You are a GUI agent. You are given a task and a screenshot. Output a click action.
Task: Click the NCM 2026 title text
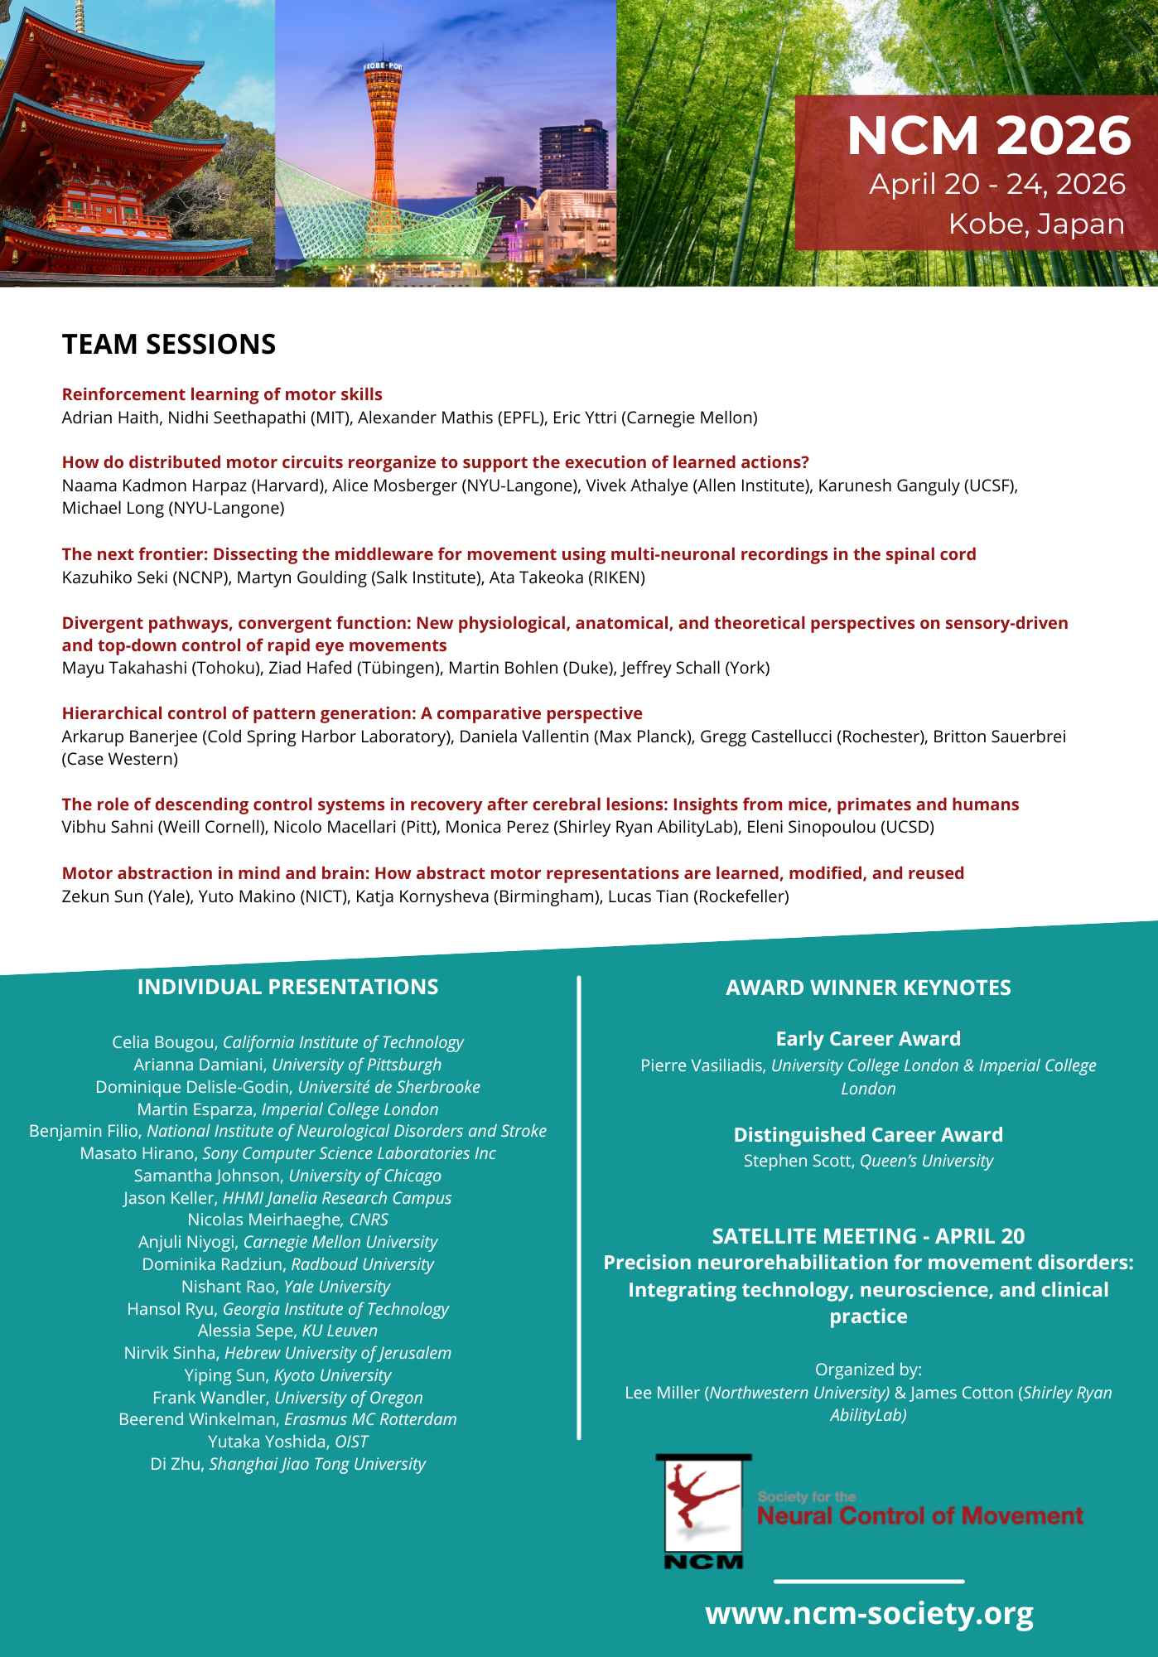(988, 136)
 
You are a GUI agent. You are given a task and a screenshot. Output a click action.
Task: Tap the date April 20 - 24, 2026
(996, 184)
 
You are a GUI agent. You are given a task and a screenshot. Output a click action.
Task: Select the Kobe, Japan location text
(1035, 224)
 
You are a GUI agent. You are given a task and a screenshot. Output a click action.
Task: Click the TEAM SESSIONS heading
(169, 345)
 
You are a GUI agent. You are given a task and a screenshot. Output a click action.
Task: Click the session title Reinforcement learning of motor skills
(222, 394)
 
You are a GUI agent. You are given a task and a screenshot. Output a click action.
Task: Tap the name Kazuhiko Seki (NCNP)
(145, 577)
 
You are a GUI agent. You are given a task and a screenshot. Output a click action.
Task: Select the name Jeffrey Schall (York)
(695, 668)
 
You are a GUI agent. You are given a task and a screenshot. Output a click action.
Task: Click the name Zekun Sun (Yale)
(125, 896)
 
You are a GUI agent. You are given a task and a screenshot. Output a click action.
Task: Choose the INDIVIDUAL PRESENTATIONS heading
(287, 987)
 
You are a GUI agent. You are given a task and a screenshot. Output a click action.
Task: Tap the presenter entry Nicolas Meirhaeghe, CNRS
(287, 1220)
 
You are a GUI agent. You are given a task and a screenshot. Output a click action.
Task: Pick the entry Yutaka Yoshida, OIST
(287, 1442)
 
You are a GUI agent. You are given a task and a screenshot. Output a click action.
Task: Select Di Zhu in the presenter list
(176, 1464)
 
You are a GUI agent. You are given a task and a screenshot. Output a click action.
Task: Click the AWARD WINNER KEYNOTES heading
(868, 988)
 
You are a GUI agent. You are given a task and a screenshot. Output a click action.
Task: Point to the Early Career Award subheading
(868, 1039)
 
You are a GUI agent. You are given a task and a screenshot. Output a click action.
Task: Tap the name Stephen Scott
(798, 1161)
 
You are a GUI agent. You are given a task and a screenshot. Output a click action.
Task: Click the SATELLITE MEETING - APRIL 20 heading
(868, 1236)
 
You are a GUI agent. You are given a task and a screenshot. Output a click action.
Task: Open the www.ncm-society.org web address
(869, 1613)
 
